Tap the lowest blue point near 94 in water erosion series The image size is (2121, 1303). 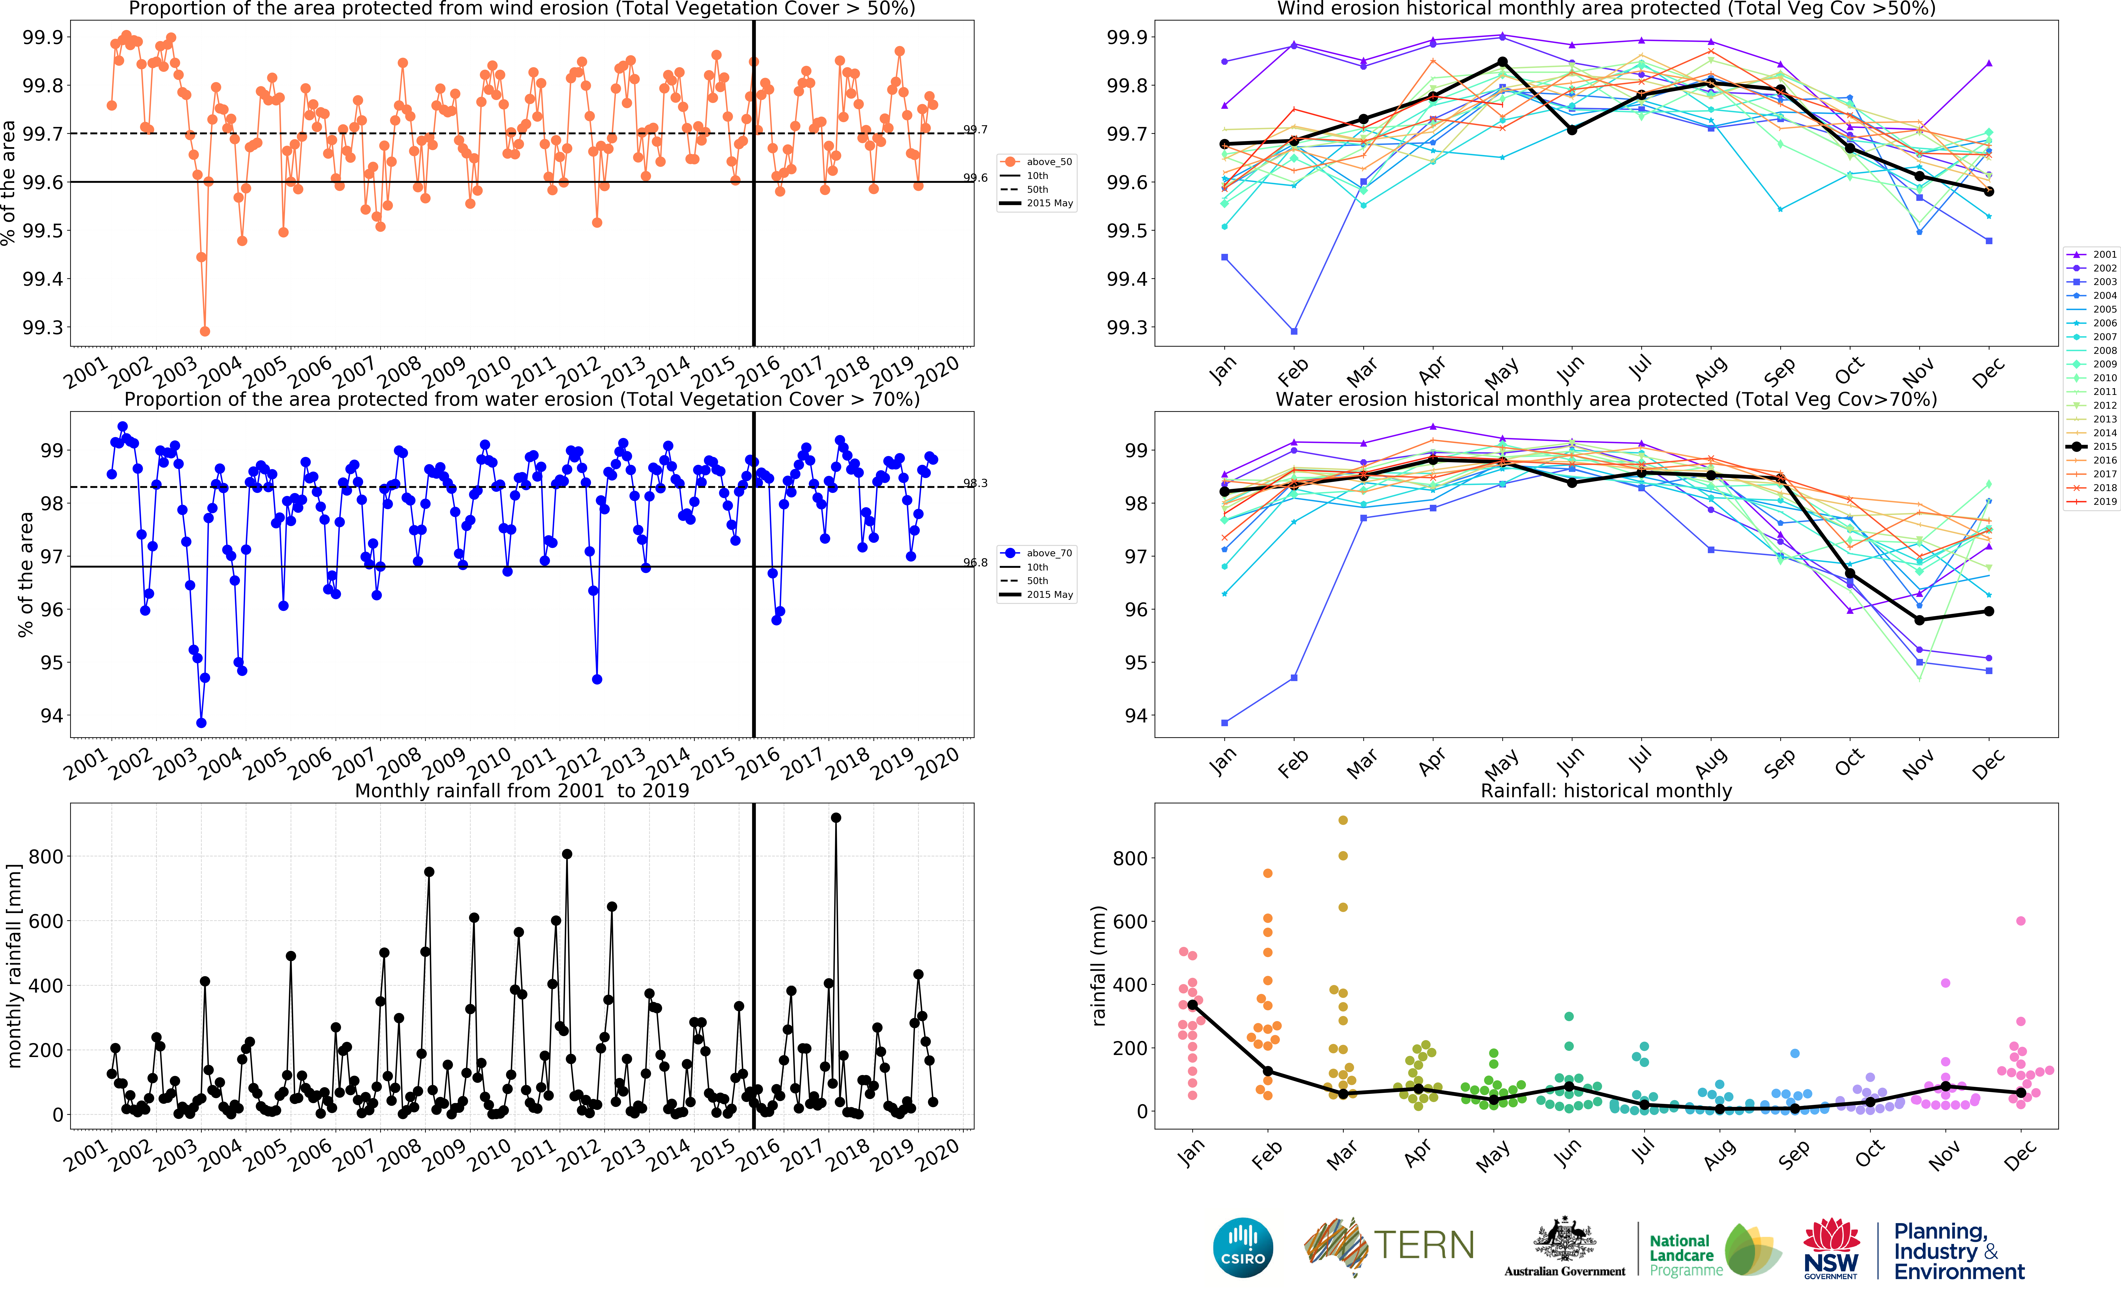tap(201, 723)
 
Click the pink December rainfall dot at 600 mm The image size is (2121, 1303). tap(2020, 921)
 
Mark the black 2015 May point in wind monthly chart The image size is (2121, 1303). tap(1503, 62)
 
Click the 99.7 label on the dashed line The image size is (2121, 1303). tap(975, 130)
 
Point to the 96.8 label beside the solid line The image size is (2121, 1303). tap(975, 563)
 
